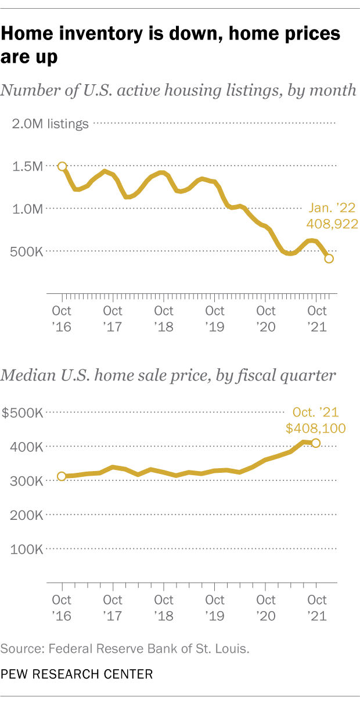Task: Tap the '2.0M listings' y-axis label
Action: tap(49, 123)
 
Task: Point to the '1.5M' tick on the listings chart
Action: tap(28, 166)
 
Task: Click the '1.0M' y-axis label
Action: tap(28, 209)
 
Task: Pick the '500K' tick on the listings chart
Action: tap(28, 252)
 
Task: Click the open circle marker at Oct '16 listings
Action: tap(62, 167)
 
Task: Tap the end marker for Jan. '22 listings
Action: tap(329, 258)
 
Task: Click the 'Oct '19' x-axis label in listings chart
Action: tap(215, 318)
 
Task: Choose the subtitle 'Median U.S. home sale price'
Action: tap(168, 375)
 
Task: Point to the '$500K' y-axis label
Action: tap(23, 413)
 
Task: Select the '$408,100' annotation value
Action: tap(315, 429)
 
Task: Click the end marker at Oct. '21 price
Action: tap(316, 443)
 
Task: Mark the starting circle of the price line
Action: tap(62, 476)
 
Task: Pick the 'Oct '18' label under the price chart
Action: tap(164, 607)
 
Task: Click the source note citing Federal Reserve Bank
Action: tap(125, 648)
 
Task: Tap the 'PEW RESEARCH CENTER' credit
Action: tap(77, 674)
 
